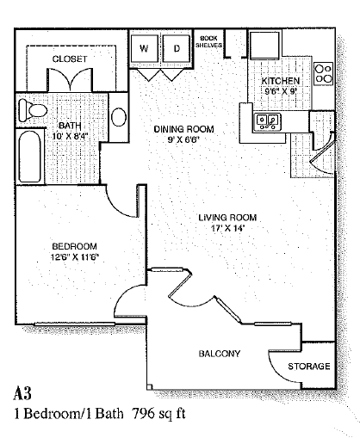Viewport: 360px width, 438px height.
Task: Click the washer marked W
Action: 144,48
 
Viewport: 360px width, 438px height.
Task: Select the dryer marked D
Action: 177,48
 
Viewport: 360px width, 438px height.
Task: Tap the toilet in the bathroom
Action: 32,110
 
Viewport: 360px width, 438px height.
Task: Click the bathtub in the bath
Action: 29,157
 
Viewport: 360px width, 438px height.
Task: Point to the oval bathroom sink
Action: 119,117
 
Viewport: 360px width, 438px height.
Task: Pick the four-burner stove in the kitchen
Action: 324,74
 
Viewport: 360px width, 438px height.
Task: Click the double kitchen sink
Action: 268,121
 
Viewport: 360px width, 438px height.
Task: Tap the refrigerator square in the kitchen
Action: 264,45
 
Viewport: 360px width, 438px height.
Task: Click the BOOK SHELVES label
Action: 208,41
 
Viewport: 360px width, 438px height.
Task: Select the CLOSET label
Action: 70,59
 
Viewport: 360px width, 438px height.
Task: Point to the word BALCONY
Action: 220,354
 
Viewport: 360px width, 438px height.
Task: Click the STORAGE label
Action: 309,366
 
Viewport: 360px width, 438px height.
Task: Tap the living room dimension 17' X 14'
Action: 227,228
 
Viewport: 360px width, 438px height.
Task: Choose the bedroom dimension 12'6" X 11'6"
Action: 75,256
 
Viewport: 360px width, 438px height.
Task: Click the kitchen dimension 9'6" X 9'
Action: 280,91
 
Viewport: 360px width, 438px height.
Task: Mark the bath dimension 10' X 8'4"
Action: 70,136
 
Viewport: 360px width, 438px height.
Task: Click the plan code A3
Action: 22,393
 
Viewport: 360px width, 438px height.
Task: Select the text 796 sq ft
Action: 158,414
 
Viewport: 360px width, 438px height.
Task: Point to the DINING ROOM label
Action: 183,129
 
